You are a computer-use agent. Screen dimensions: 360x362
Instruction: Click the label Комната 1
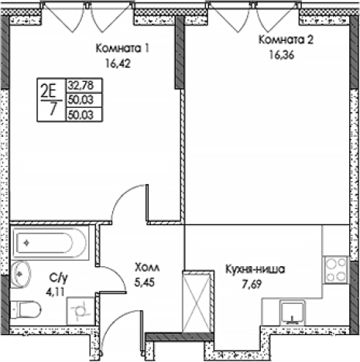[x=122, y=48]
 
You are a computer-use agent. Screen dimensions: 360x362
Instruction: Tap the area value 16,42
[x=118, y=63]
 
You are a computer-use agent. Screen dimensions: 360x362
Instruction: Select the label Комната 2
[x=286, y=39]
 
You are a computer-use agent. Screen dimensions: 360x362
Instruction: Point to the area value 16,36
[x=282, y=55]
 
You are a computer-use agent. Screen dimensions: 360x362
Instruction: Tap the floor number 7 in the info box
[x=53, y=109]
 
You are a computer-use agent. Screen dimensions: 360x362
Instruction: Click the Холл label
[x=147, y=268]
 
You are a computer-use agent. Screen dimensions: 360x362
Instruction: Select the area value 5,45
[x=145, y=282]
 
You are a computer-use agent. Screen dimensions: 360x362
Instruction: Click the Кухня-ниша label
[x=255, y=269]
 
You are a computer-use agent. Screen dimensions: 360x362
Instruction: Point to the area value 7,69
[x=252, y=284]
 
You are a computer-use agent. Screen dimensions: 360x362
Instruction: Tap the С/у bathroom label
[x=59, y=278]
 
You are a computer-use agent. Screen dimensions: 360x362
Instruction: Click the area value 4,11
[x=55, y=292]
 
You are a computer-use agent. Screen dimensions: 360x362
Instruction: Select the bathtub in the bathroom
[x=50, y=243]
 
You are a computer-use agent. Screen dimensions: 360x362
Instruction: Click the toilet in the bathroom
[x=26, y=309]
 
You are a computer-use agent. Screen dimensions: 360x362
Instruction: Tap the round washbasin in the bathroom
[x=21, y=274]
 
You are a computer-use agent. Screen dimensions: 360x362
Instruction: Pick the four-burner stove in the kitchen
[x=336, y=270]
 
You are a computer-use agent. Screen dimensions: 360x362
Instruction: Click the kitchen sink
[x=293, y=312]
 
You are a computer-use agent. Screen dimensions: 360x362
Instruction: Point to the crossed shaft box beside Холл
[x=197, y=302]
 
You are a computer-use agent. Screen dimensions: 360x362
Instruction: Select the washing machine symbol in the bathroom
[x=81, y=311]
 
